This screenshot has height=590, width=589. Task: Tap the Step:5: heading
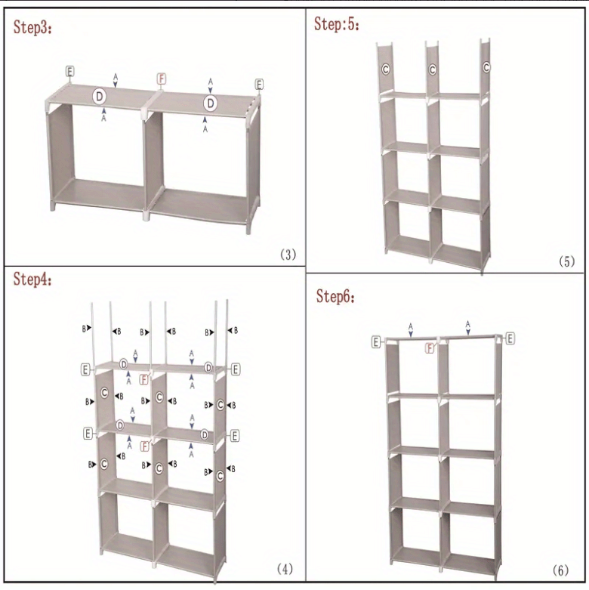[x=337, y=24]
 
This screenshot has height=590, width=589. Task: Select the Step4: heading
[x=33, y=280]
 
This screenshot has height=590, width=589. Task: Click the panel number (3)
[x=288, y=254]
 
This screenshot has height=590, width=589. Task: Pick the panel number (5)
[x=566, y=261]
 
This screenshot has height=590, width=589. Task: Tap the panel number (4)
[x=285, y=567]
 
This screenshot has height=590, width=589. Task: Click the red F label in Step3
[x=161, y=79]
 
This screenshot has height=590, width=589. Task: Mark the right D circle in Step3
[x=211, y=102]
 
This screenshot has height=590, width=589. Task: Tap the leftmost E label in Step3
[x=69, y=71]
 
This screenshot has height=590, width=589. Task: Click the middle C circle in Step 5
[x=433, y=70]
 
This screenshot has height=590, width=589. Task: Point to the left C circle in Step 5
[x=385, y=69]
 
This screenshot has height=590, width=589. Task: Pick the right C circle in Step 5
[x=486, y=67]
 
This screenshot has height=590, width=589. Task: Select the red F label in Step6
[x=430, y=348]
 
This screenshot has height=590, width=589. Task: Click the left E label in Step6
[x=376, y=342]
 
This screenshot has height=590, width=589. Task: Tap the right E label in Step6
[x=510, y=338]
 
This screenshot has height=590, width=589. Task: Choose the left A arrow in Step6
[x=411, y=329]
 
